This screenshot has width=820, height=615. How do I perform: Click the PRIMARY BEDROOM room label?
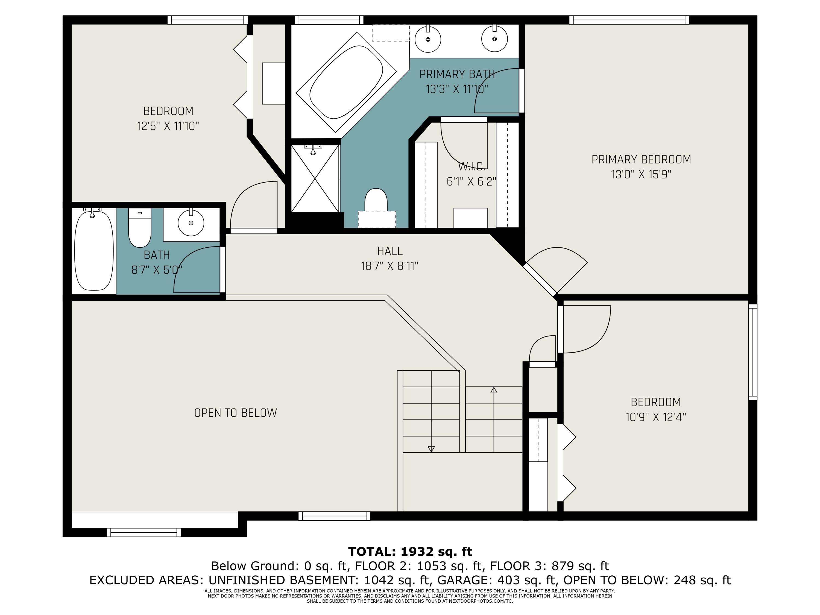641,159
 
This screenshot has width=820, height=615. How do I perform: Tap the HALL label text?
389,251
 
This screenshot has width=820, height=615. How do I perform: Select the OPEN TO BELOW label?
235,413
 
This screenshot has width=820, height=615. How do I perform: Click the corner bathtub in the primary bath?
346,82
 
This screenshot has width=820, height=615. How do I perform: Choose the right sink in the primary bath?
494,39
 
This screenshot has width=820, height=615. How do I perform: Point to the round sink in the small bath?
191,223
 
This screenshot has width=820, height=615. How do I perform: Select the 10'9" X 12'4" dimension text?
656,417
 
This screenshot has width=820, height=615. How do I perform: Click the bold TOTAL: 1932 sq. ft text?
410,552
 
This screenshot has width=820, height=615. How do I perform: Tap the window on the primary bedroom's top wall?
629,20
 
